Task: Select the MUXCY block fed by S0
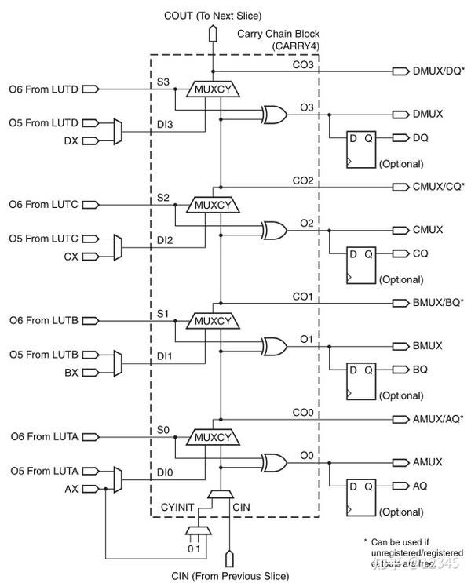pos(210,438)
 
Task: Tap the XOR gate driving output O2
pos(275,229)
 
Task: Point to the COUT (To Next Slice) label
pos(211,16)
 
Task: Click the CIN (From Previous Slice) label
pos(230,575)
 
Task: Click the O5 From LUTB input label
pos(43,355)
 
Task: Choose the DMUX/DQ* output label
pos(438,71)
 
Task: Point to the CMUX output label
pos(427,229)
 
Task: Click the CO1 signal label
pos(303,297)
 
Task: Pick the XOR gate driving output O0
pos(275,461)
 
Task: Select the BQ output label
pos(420,369)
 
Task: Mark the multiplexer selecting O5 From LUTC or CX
pos(118,247)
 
